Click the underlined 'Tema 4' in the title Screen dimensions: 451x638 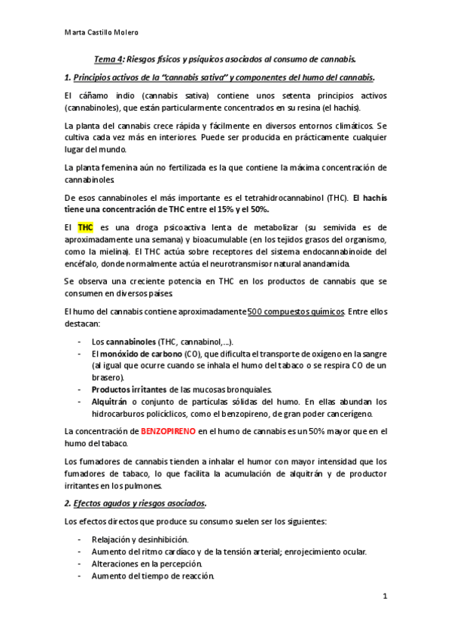pos(109,58)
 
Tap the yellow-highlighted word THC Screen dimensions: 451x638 pos(85,226)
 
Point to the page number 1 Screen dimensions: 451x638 pos(384,597)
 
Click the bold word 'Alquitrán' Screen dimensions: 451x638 pos(111,402)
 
